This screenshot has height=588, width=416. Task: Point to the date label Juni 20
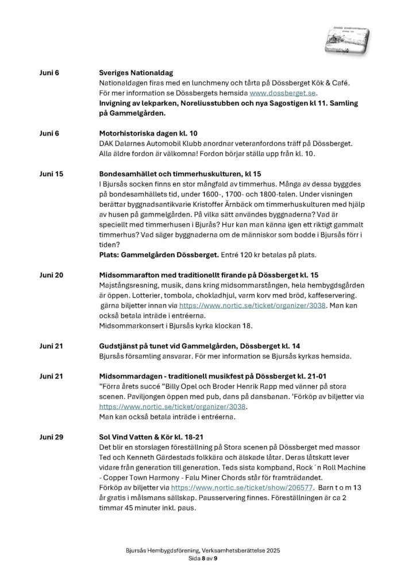[52, 275]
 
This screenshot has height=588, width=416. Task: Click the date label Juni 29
[52, 437]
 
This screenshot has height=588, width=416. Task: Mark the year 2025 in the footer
[280, 550]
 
